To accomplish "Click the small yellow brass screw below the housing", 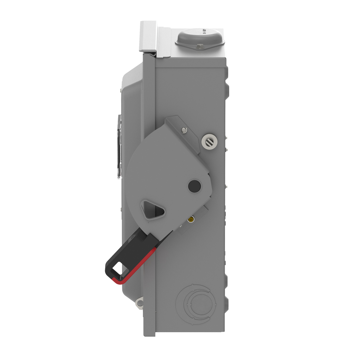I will (190, 220).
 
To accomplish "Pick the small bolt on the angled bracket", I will (184, 130).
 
